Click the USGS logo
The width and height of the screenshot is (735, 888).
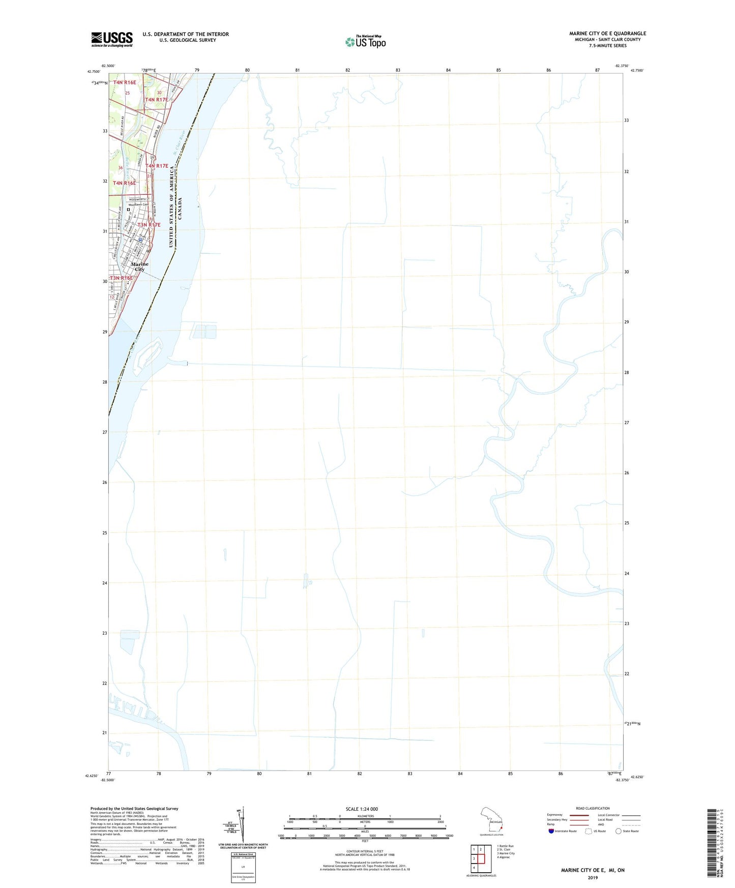pyautogui.click(x=112, y=39)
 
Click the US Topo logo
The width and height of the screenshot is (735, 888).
pyautogui.click(x=365, y=41)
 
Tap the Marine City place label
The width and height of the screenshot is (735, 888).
pyautogui.click(x=139, y=267)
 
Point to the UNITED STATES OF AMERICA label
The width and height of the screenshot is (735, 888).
pyautogui.click(x=171, y=207)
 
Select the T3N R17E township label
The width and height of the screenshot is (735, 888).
pyautogui.click(x=149, y=225)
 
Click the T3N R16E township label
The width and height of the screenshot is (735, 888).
pyautogui.click(x=121, y=278)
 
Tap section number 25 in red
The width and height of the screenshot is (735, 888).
pyautogui.click(x=128, y=93)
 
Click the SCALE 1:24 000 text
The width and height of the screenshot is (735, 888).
pyautogui.click(x=362, y=809)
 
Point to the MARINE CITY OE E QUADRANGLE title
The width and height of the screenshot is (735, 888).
pyautogui.click(x=607, y=34)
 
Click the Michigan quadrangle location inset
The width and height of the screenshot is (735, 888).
pyautogui.click(x=492, y=821)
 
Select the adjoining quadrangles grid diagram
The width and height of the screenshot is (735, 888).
pyautogui.click(x=478, y=857)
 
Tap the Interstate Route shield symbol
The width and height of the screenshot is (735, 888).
pyautogui.click(x=551, y=831)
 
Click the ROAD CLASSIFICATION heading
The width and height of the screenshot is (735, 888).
pyautogui.click(x=593, y=808)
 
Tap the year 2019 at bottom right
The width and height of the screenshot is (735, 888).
pyautogui.click(x=593, y=877)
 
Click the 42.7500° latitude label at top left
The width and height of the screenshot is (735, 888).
pyautogui.click(x=93, y=71)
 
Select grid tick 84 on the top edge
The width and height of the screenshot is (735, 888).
pyautogui.click(x=448, y=70)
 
